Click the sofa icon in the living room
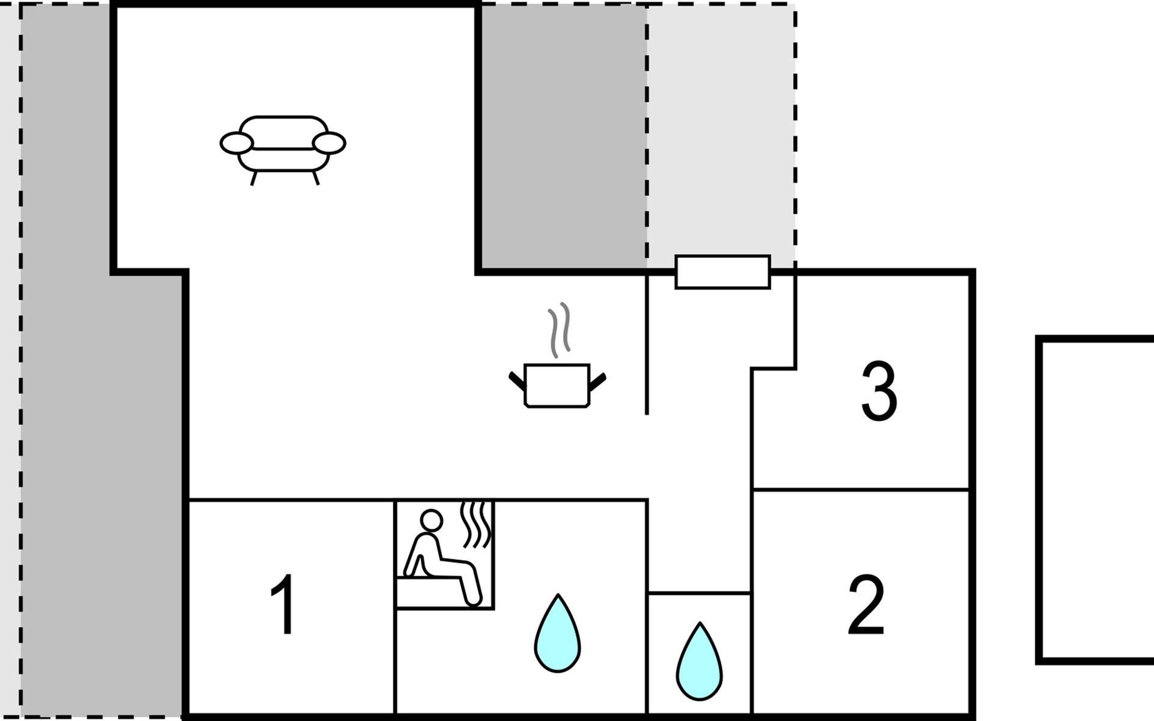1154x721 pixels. [x=282, y=147]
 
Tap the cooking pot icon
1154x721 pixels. [x=557, y=385]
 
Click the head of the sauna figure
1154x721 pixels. [x=431, y=520]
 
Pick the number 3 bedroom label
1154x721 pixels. [x=879, y=392]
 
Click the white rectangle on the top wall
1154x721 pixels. [x=722, y=272]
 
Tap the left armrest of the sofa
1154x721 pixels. [x=236, y=144]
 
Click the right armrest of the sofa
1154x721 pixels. [x=329, y=144]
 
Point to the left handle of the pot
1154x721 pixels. [x=516, y=381]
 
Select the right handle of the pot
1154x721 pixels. [x=598, y=381]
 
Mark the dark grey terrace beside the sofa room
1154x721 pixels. [x=562, y=135]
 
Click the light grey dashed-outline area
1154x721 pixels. [x=721, y=132]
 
